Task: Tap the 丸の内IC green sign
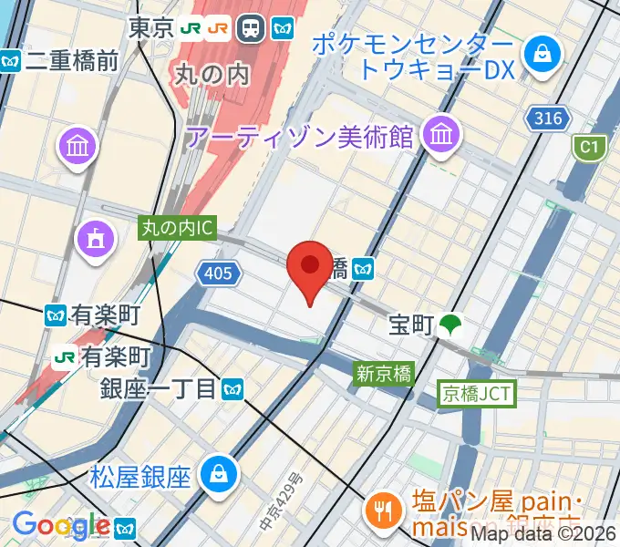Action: coord(178,229)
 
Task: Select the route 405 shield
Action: coord(219,272)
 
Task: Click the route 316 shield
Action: coord(549,119)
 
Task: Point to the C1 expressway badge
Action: coord(589,145)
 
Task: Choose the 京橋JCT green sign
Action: coord(477,393)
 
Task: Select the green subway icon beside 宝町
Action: coord(449,325)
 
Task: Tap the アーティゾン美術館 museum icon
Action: coord(442,137)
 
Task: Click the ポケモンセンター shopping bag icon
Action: coord(542,57)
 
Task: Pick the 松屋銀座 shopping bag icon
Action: coord(219,474)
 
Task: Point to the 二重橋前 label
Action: coord(71,62)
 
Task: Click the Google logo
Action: coord(61,525)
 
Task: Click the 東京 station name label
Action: coord(151,28)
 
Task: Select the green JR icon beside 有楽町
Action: coord(65,355)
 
